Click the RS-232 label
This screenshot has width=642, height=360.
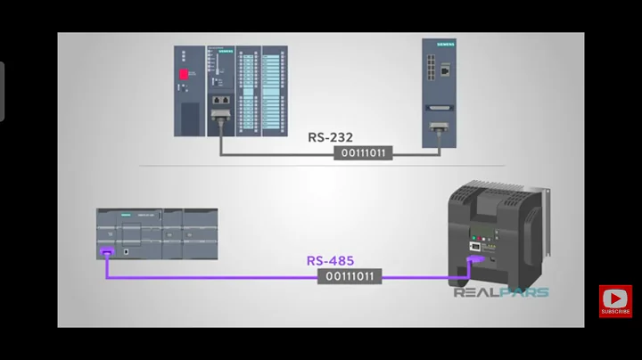(x=331, y=137)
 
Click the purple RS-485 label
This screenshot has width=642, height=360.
(x=330, y=261)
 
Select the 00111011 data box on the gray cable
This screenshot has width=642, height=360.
(x=363, y=152)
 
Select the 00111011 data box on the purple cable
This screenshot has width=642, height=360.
(x=350, y=276)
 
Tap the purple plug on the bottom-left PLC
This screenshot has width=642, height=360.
(x=107, y=253)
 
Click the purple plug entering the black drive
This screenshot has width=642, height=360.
(x=474, y=261)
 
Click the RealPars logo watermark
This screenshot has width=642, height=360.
(x=501, y=291)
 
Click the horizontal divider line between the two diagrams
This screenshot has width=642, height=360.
(x=321, y=165)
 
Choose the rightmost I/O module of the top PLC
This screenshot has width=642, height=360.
(x=273, y=91)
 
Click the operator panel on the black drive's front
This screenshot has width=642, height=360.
(x=478, y=241)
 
